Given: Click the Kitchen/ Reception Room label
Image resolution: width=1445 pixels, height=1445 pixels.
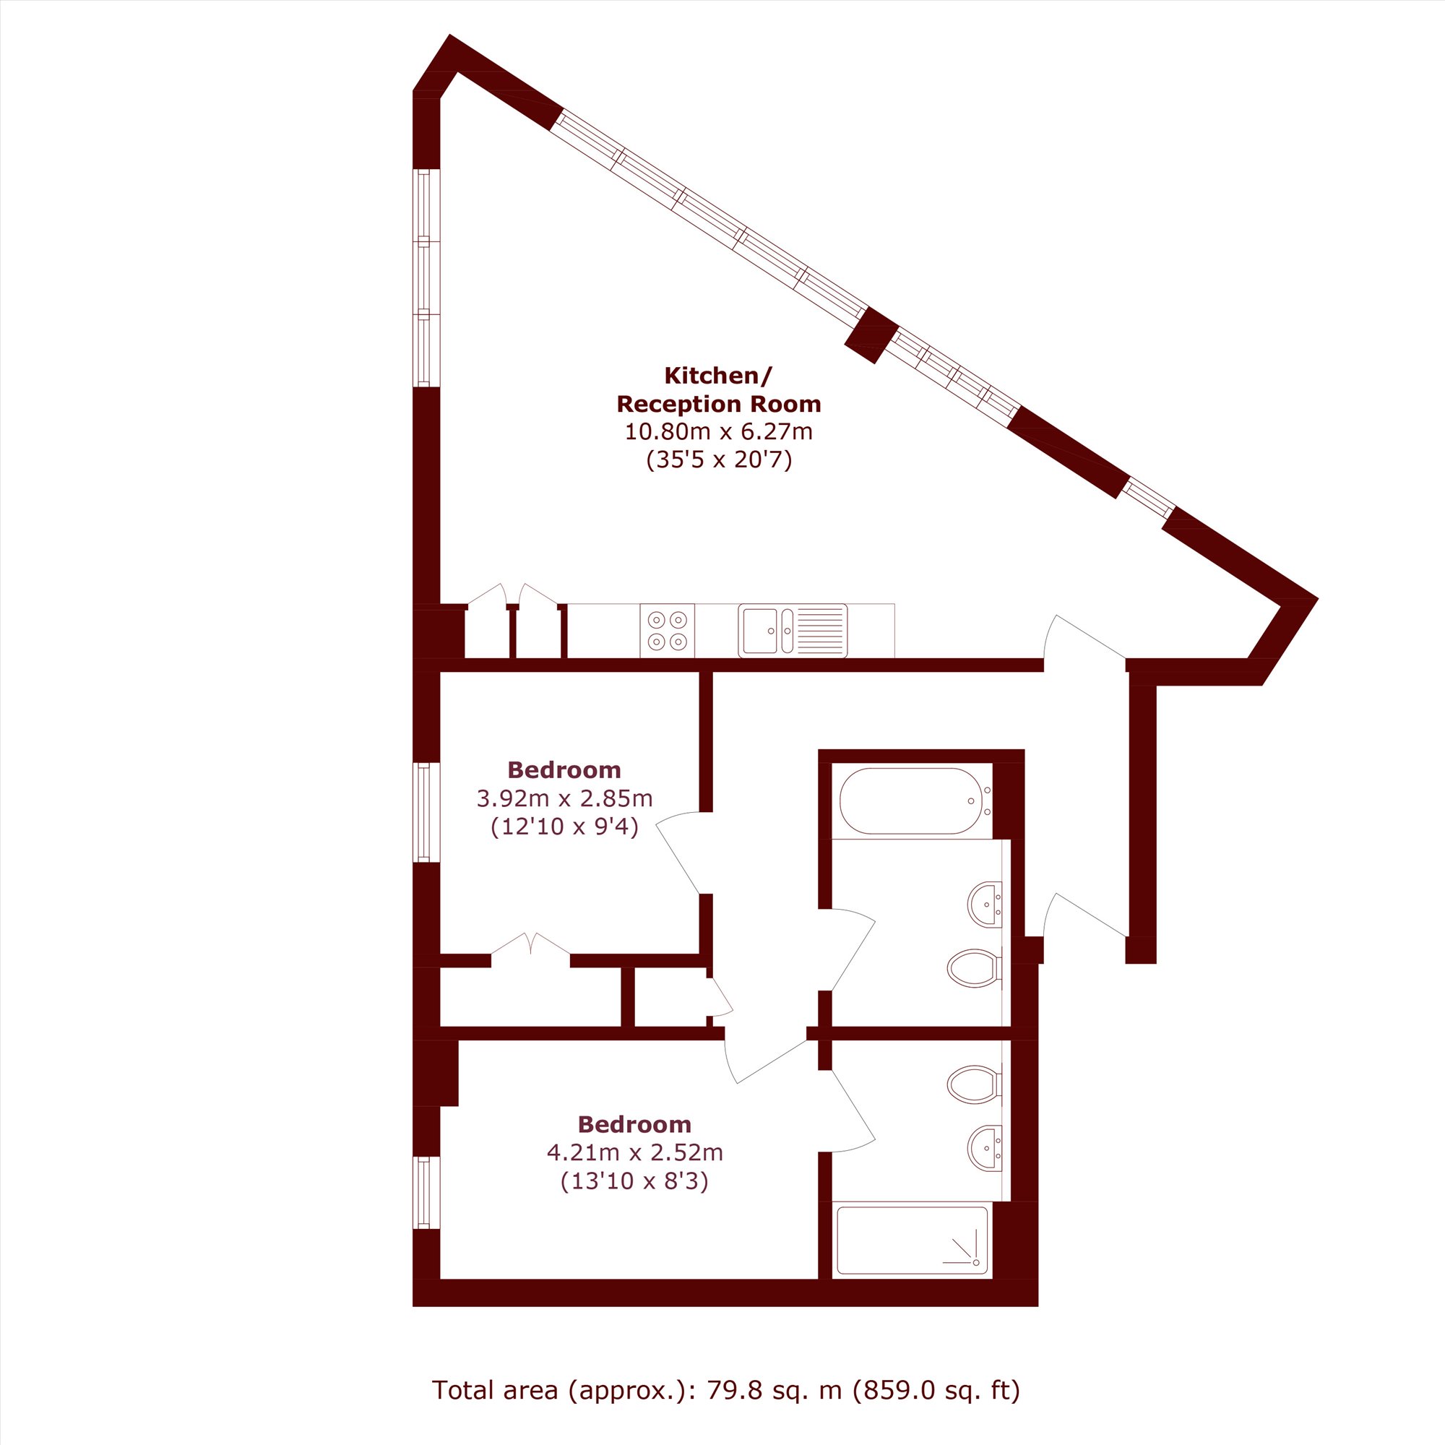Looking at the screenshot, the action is pos(719,389).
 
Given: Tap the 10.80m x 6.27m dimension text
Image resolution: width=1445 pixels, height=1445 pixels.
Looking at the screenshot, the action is pos(719,431).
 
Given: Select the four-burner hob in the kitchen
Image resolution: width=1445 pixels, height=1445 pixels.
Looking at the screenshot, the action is pos(667,631).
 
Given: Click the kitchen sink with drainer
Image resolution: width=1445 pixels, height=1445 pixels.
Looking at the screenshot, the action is pos(793,631).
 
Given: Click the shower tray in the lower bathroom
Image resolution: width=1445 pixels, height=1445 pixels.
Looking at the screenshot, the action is pos(913,1240).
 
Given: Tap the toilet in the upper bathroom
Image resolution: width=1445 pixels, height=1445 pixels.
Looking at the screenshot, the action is pos(975,969).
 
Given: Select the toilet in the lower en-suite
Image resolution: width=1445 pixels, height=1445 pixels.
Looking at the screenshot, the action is pos(975,1084).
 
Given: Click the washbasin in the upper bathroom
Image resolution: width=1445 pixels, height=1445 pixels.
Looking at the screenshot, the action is pos(984,905).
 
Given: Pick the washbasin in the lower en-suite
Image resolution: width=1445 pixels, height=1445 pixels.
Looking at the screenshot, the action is pos(984,1148).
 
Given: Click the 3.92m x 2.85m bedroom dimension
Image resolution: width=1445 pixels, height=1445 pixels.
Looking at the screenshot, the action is pos(565,799).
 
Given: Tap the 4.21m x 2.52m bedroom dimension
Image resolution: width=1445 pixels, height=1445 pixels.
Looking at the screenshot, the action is pos(635,1152).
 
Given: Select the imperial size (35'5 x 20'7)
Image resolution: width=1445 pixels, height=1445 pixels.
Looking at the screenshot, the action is pos(719,460).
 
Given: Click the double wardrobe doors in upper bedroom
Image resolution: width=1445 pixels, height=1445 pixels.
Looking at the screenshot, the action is pos(530,944).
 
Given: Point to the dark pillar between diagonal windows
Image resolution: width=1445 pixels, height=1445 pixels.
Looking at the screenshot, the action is pos(871,335).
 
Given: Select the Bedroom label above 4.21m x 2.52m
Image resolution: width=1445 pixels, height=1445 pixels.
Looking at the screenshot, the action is pos(634,1124).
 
